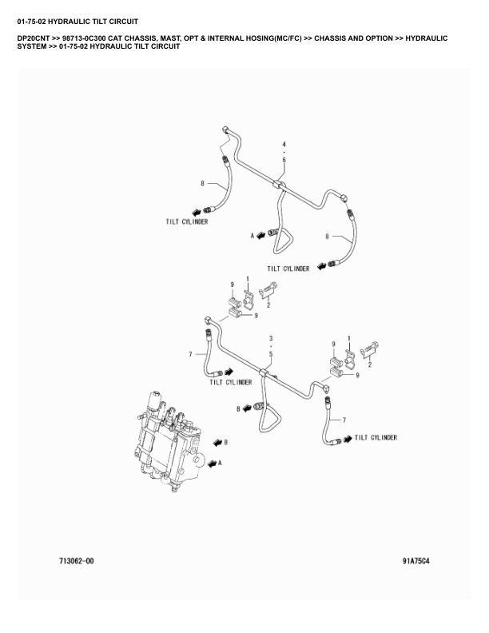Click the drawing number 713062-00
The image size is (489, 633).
(77, 561)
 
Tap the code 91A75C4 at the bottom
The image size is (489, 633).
(416, 561)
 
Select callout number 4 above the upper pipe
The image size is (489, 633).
(284, 143)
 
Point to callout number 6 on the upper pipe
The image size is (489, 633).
(284, 160)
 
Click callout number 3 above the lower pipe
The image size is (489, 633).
(271, 339)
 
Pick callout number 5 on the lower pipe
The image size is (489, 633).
(271, 353)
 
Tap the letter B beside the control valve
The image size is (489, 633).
(226, 441)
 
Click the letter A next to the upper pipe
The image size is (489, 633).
(252, 236)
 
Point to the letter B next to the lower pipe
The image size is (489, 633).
(238, 408)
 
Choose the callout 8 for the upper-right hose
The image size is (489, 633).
(327, 236)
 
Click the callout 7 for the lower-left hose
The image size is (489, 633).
(190, 354)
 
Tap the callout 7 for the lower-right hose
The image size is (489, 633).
(344, 420)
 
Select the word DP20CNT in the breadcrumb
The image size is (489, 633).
(32, 38)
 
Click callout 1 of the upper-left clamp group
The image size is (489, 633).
(248, 279)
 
